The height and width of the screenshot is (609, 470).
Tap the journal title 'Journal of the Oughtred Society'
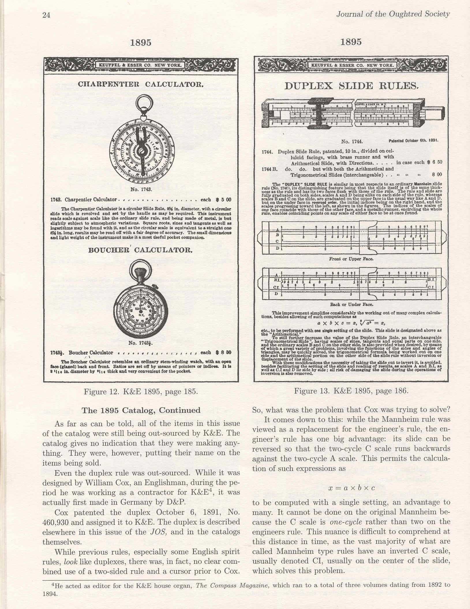tap(393, 14)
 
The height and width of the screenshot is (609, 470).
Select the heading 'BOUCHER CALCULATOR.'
tap(140, 250)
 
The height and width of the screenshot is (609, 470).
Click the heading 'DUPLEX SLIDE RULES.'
tap(351, 86)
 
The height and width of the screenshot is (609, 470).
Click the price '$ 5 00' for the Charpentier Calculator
tap(223, 200)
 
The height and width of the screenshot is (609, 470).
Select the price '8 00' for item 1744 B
tap(437, 175)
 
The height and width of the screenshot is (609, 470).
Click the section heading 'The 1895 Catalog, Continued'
tap(141, 410)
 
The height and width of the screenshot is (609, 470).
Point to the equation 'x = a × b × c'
tap(351, 488)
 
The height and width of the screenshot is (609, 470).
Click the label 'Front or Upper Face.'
tap(351, 259)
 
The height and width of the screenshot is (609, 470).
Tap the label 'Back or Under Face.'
tap(351, 304)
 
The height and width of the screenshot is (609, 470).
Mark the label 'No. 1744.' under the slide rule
tap(351, 142)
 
